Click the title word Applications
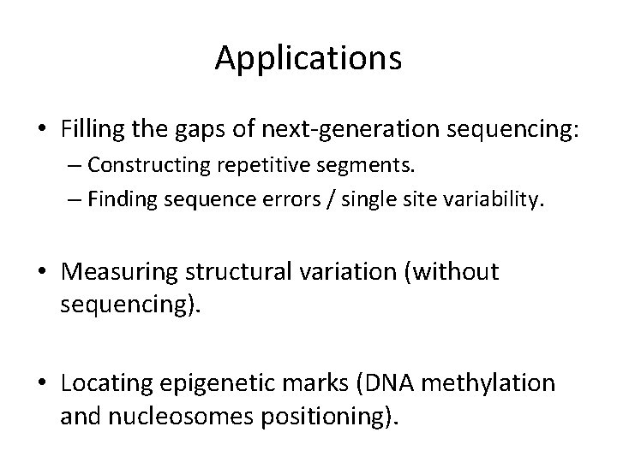tap(308, 58)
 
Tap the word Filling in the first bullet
tap(90, 129)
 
